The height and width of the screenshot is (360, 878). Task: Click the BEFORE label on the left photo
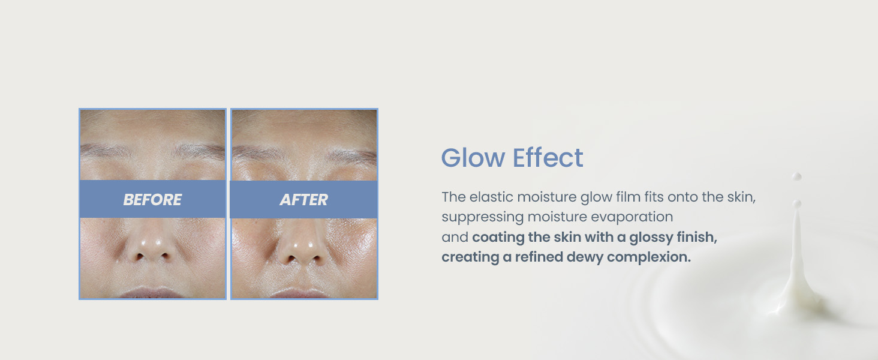point(152,200)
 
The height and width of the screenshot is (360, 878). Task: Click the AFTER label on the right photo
point(304,200)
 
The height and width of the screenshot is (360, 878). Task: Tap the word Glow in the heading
point(473,158)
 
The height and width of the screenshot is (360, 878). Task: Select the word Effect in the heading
point(548,158)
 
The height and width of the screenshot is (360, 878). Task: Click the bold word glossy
point(651,238)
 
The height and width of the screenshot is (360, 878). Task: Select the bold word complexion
point(649,257)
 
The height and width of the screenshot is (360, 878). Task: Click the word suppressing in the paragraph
point(483,217)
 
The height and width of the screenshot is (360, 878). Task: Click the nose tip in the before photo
point(151,245)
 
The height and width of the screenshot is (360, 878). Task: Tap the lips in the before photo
point(151,293)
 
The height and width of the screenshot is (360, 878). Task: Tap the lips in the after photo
point(299,293)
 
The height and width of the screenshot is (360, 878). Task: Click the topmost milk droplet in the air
point(796,176)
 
